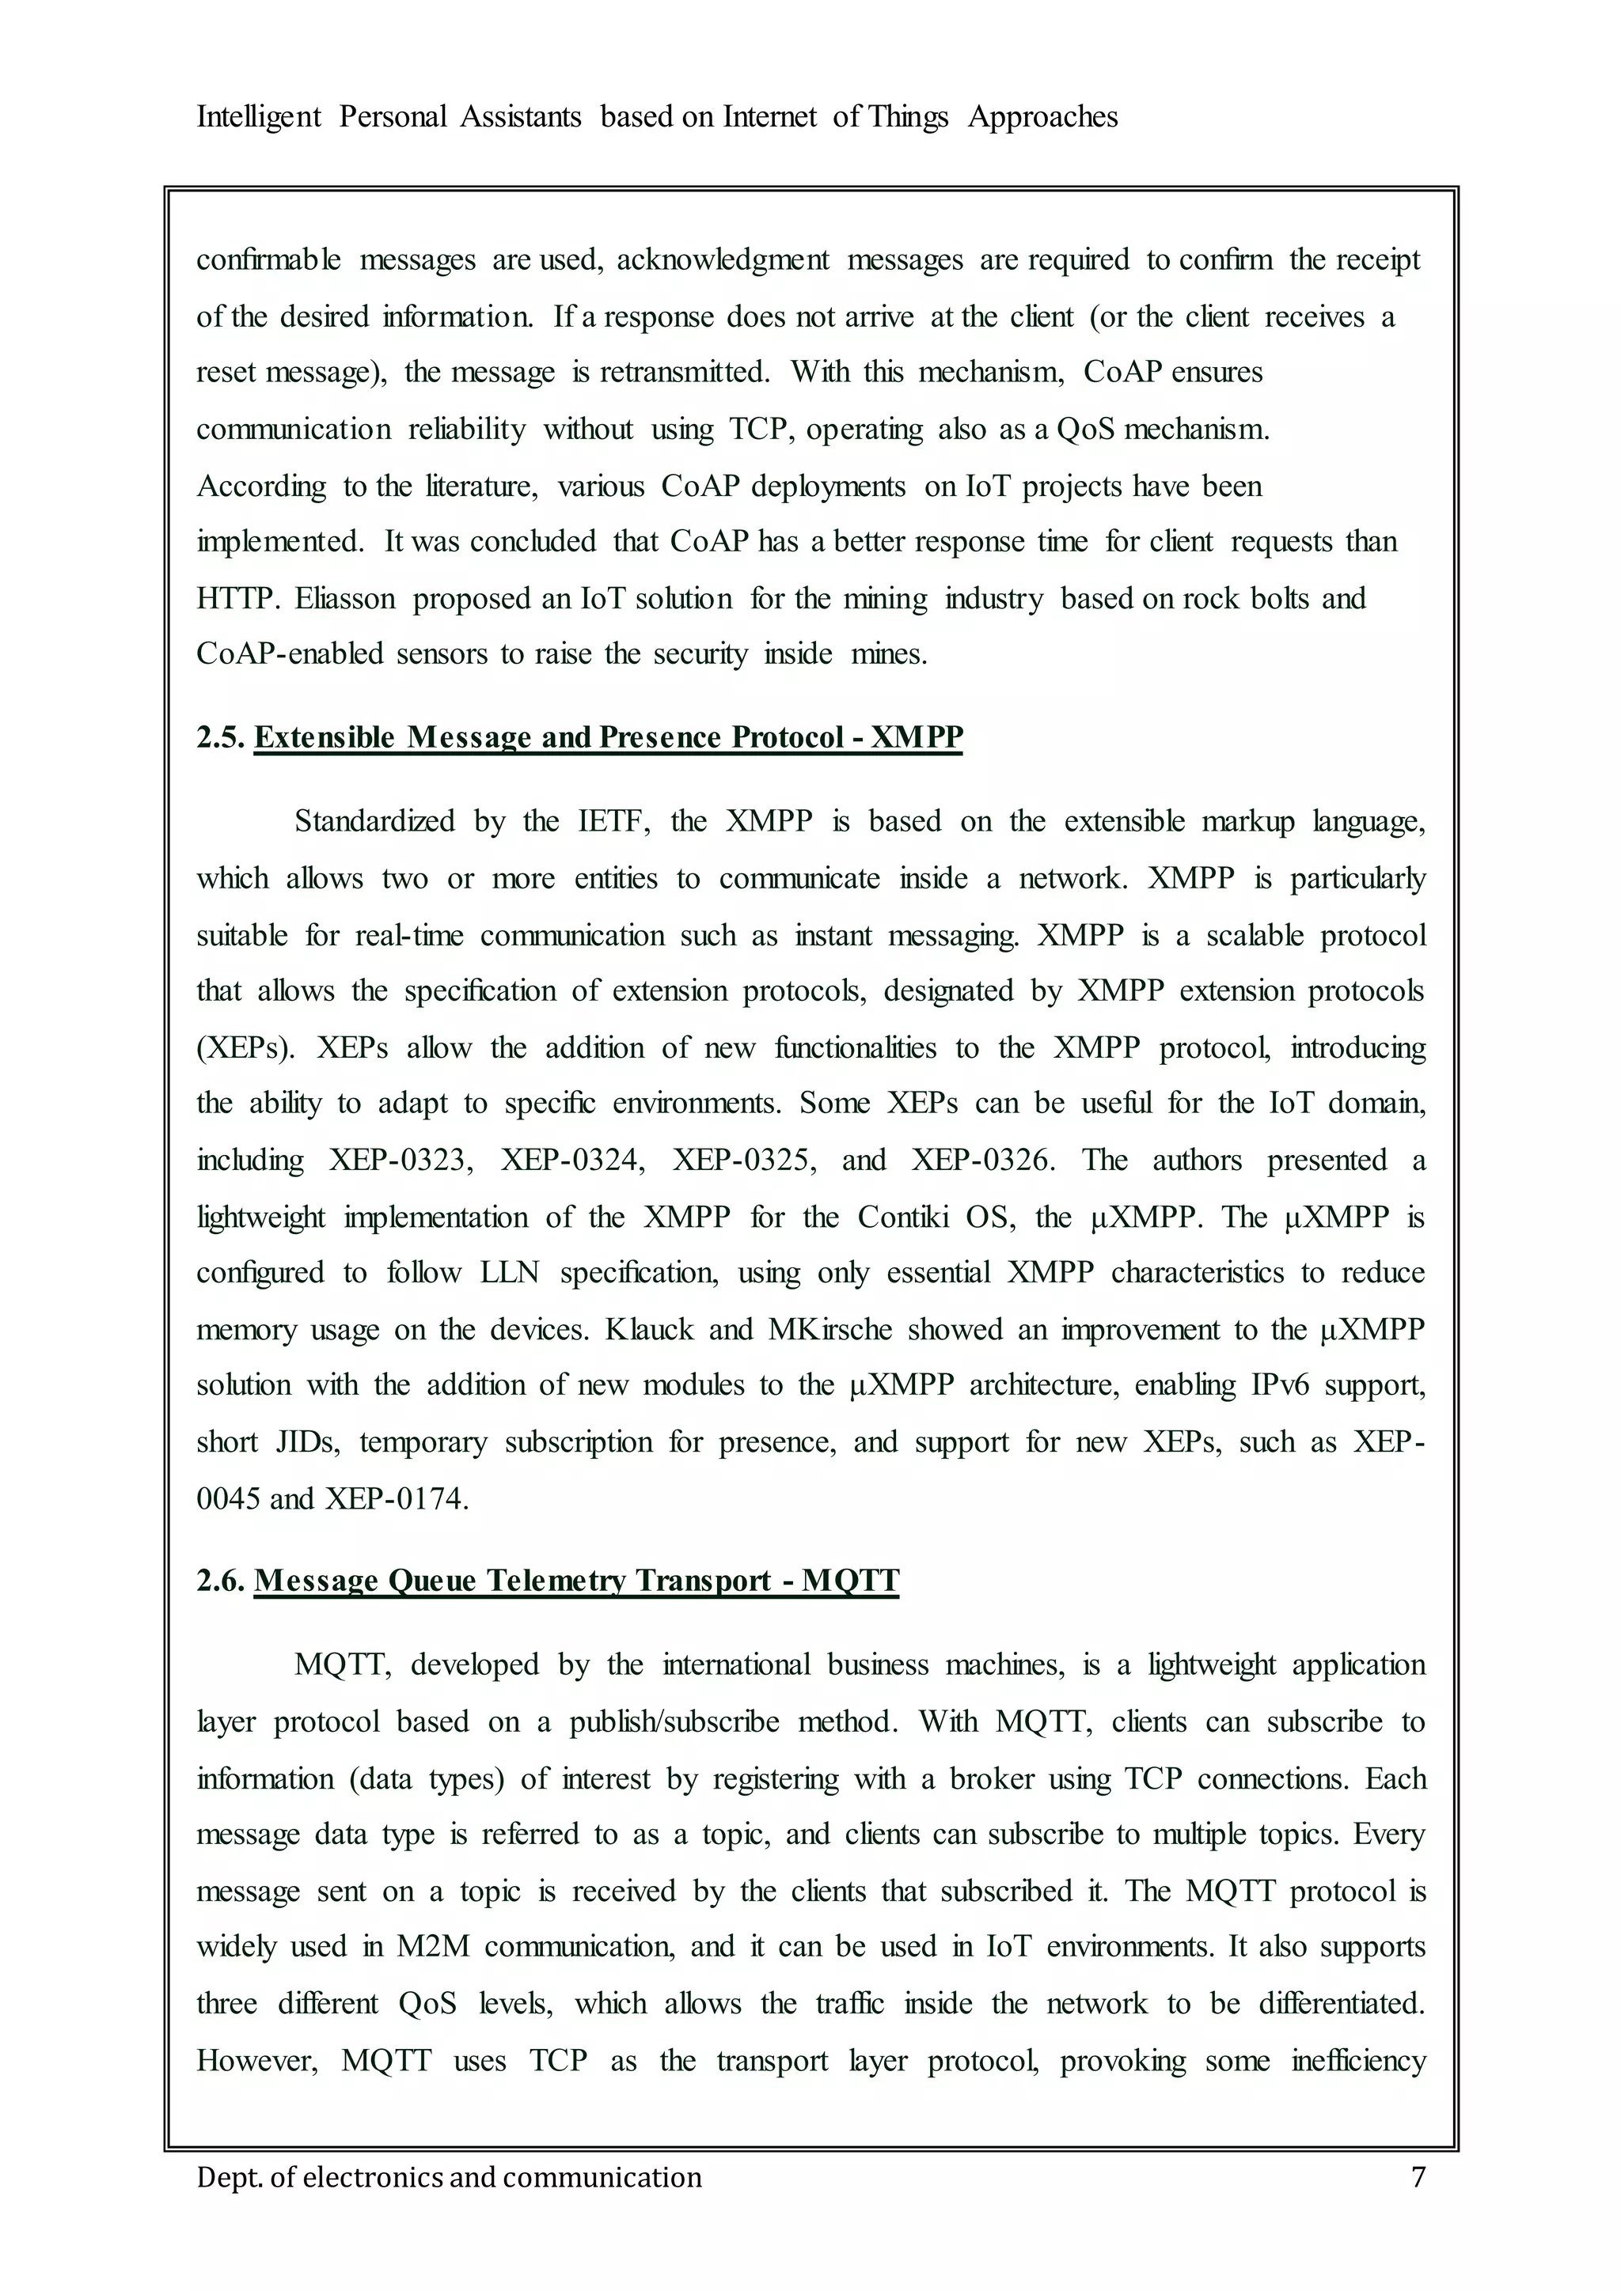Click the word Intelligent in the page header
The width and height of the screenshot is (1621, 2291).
pos(259,117)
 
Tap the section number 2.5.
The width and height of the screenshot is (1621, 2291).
pos(219,737)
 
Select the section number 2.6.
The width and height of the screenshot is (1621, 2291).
pos(219,1581)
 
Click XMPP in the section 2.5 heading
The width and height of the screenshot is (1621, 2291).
pos(917,737)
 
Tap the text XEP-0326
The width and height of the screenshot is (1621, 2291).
pos(983,1160)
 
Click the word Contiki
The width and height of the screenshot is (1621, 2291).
pos(902,1217)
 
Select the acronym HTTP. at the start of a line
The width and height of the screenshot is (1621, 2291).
pos(236,598)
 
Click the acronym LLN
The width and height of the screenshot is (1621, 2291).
pos(509,1272)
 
